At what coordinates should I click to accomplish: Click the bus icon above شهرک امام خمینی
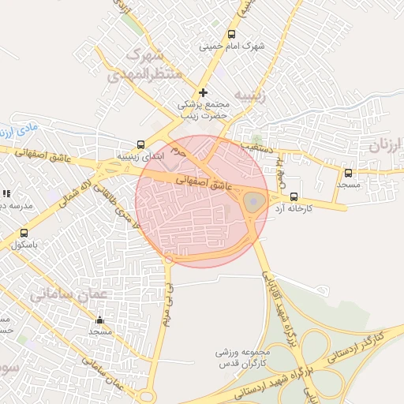(231, 35)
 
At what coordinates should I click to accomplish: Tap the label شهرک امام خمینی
(232, 47)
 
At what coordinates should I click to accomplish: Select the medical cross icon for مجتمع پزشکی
(203, 92)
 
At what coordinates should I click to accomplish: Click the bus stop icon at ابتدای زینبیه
(140, 144)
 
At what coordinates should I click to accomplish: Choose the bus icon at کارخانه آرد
(294, 196)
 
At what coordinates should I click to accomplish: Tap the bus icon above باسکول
(24, 233)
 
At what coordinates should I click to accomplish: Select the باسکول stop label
(24, 245)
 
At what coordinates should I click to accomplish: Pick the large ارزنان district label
(385, 145)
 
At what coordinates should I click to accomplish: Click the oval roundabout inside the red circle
(252, 203)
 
